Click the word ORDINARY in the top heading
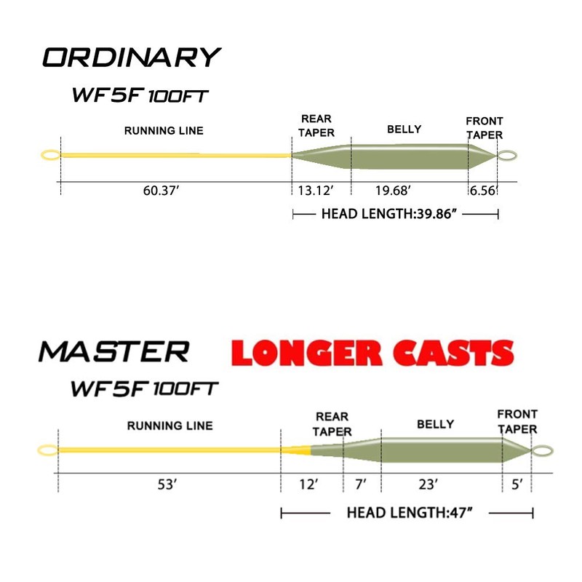coord(131,57)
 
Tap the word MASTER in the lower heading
coord(113,351)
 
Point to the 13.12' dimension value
coord(316,191)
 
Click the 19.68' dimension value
coord(394,191)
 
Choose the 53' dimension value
coord(167,485)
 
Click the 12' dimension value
coord(310,485)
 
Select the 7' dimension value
coord(362,485)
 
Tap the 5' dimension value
coord(516,485)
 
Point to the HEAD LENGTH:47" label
coord(410,514)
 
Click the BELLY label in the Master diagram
coord(435,424)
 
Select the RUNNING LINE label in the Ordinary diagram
coord(164,131)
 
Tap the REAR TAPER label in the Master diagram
coord(332,424)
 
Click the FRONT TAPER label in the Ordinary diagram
coord(485,128)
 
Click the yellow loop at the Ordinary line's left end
coord(50,155)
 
